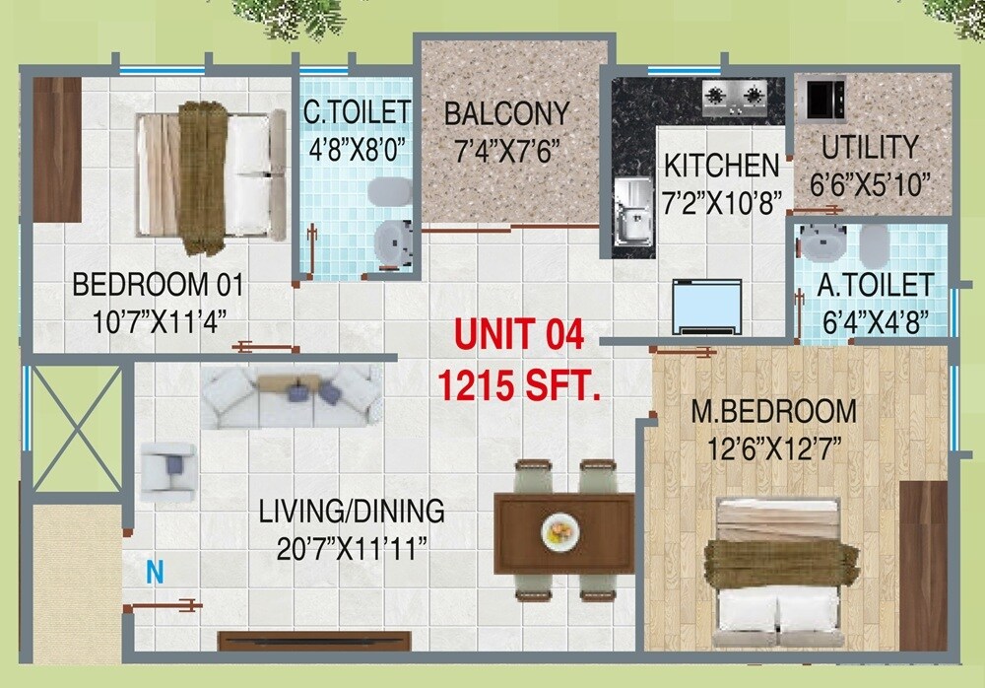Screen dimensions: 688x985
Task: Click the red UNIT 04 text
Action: pyautogui.click(x=518, y=335)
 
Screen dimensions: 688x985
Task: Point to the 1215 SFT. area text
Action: pyautogui.click(x=519, y=383)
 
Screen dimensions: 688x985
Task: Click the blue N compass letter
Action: pyautogui.click(x=154, y=573)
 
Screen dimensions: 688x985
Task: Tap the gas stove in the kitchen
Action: pyautogui.click(x=735, y=96)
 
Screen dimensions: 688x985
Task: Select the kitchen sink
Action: pyautogui.click(x=631, y=210)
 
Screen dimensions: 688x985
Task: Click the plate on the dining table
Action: pyautogui.click(x=558, y=533)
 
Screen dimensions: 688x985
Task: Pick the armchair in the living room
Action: pyautogui.click(x=169, y=467)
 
